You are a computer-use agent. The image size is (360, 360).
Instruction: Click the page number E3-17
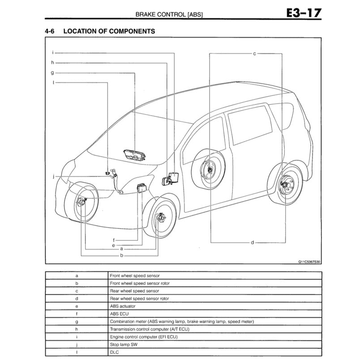(x=304, y=13)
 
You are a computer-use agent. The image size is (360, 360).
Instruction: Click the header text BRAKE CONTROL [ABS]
(x=169, y=15)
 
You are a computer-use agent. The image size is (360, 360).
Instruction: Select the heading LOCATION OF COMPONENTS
(x=109, y=31)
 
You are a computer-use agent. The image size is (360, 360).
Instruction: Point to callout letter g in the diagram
(x=52, y=73)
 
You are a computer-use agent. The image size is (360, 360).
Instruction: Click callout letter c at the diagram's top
(x=254, y=53)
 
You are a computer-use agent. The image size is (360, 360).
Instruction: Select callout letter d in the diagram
(x=252, y=242)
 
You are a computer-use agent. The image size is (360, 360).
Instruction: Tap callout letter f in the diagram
(x=114, y=240)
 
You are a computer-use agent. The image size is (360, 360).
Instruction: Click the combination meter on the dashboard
(x=137, y=154)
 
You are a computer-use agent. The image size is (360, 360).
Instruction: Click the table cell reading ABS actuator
(x=123, y=306)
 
